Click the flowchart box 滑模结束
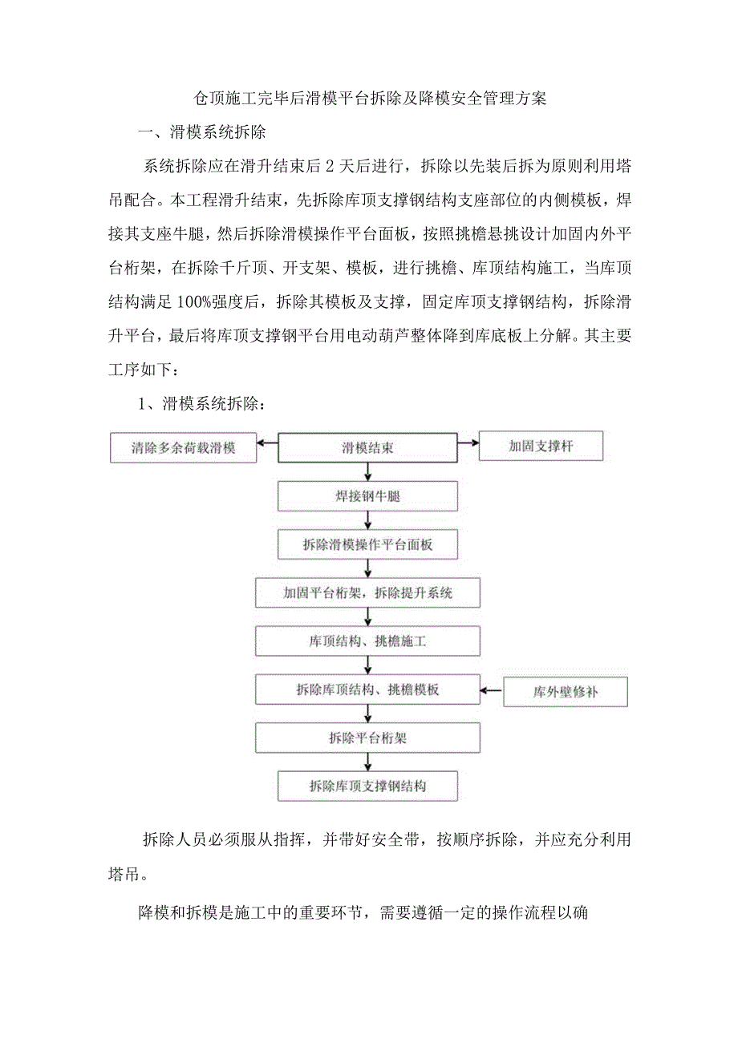(x=367, y=448)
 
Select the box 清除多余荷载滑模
(x=183, y=448)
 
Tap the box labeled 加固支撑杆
(x=540, y=447)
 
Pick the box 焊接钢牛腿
(x=367, y=496)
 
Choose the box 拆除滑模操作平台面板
(x=367, y=544)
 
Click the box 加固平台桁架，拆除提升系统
(x=367, y=593)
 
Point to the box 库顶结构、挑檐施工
(x=367, y=641)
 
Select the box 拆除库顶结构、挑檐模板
(x=367, y=689)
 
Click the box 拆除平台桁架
(x=367, y=738)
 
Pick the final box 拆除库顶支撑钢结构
(x=367, y=786)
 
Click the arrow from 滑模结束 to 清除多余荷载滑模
(x=267, y=442)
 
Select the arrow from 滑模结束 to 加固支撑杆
(x=468, y=442)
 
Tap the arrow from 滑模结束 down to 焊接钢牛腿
(x=367, y=472)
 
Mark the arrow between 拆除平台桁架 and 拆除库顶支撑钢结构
(x=367, y=762)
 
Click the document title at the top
(x=370, y=99)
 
